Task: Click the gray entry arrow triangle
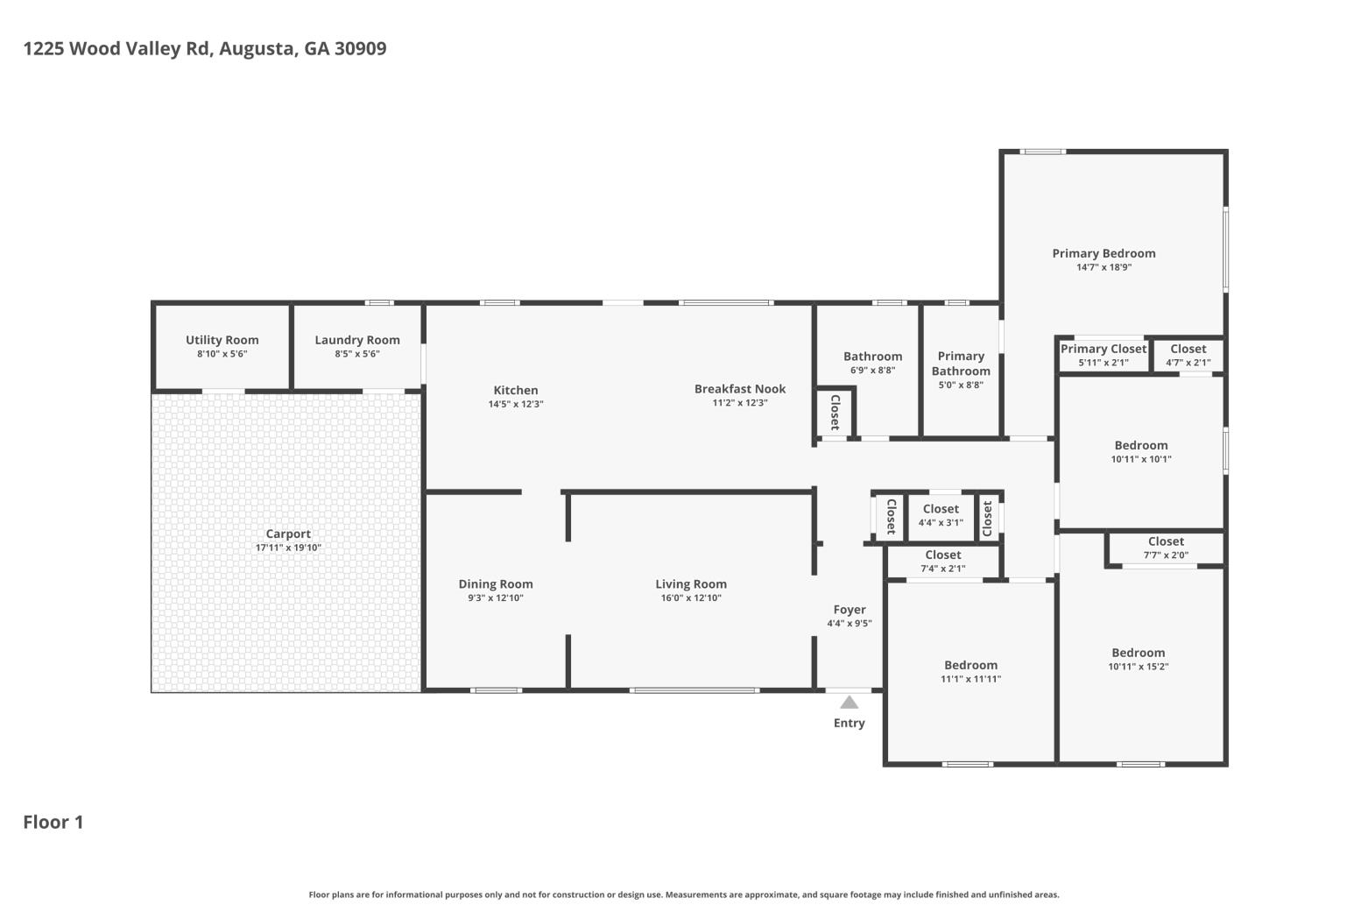pyautogui.click(x=849, y=702)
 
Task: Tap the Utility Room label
pyautogui.click(x=222, y=340)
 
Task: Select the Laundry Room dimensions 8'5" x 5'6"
pyautogui.click(x=357, y=354)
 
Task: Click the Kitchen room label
pyautogui.click(x=516, y=391)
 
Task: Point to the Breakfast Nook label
pyautogui.click(x=740, y=389)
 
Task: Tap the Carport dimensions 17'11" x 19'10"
pyautogui.click(x=288, y=548)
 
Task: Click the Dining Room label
pyautogui.click(x=496, y=584)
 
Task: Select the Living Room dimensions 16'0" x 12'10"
pyautogui.click(x=691, y=598)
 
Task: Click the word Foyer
pyautogui.click(x=850, y=610)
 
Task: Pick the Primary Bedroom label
pyautogui.click(x=1104, y=253)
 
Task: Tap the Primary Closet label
pyautogui.click(x=1103, y=349)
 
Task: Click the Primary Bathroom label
pyautogui.click(x=961, y=364)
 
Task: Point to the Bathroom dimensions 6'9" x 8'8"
pyautogui.click(x=872, y=371)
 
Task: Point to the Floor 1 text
pyautogui.click(x=53, y=822)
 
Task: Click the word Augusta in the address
pyautogui.click(x=257, y=48)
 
